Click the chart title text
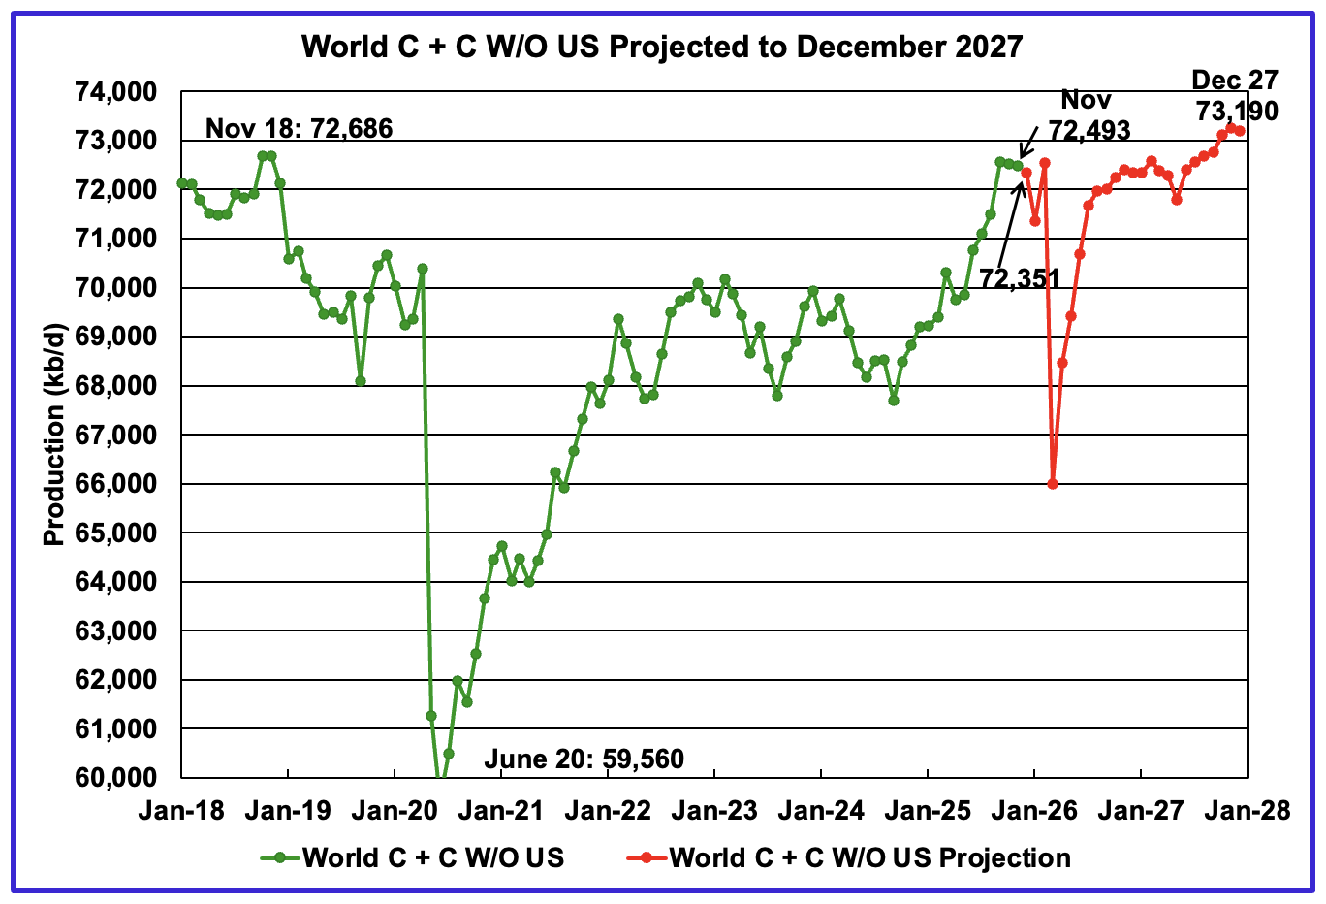(662, 47)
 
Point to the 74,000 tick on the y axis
(115, 92)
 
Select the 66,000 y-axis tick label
(115, 484)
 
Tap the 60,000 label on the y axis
(115, 778)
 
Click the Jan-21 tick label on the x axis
(501, 811)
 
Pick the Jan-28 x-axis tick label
(1247, 811)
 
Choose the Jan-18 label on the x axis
(181, 811)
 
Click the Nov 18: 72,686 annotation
(299, 128)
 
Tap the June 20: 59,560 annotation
(584, 759)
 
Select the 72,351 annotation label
(1020, 279)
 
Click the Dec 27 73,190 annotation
(1236, 95)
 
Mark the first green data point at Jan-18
(182, 182)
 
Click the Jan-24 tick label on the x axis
(821, 811)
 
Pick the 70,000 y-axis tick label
(115, 288)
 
